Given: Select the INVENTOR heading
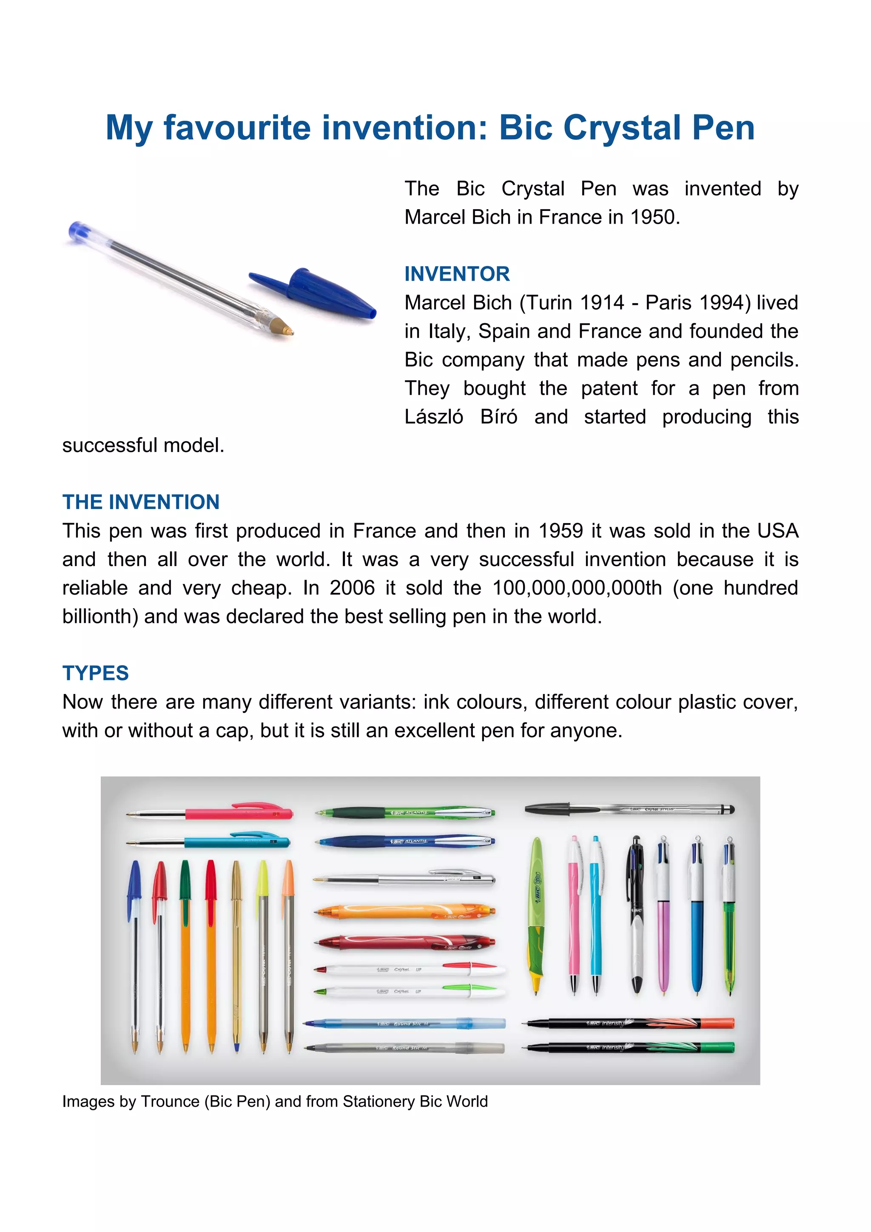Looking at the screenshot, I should coord(457,273).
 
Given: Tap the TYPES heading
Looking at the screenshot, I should coord(96,673).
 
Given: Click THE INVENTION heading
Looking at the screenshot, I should coord(141,502).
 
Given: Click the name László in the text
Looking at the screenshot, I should coord(434,417).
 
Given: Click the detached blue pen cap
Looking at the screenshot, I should coord(316,293).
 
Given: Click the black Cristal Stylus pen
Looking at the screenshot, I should coord(628,808).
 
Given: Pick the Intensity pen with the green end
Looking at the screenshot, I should coord(631,1047).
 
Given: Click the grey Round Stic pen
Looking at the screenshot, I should coord(405,1047).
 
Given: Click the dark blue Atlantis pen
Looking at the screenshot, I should coord(405,841).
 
